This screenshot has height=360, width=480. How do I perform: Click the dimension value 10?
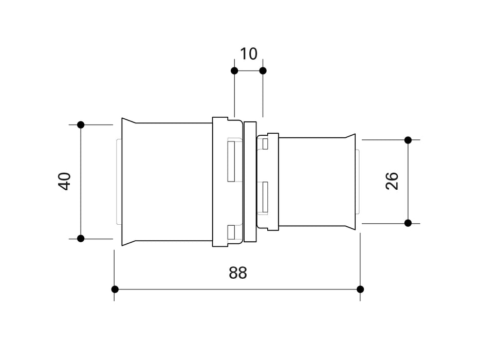pos(249,54)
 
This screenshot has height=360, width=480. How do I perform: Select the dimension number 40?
pos(65,182)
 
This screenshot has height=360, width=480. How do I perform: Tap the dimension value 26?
pos(392,181)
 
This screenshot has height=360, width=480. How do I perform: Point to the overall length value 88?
pos(238,273)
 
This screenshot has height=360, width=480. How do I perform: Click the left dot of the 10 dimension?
pos(234,71)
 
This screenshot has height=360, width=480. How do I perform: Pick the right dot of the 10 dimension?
pos(263,71)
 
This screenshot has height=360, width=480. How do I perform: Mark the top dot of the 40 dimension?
pos(81,124)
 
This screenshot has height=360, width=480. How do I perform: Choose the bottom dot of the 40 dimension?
pos(81,238)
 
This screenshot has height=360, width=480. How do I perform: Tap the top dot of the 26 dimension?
pos(408,140)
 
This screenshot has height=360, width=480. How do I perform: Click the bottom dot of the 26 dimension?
pos(408,223)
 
